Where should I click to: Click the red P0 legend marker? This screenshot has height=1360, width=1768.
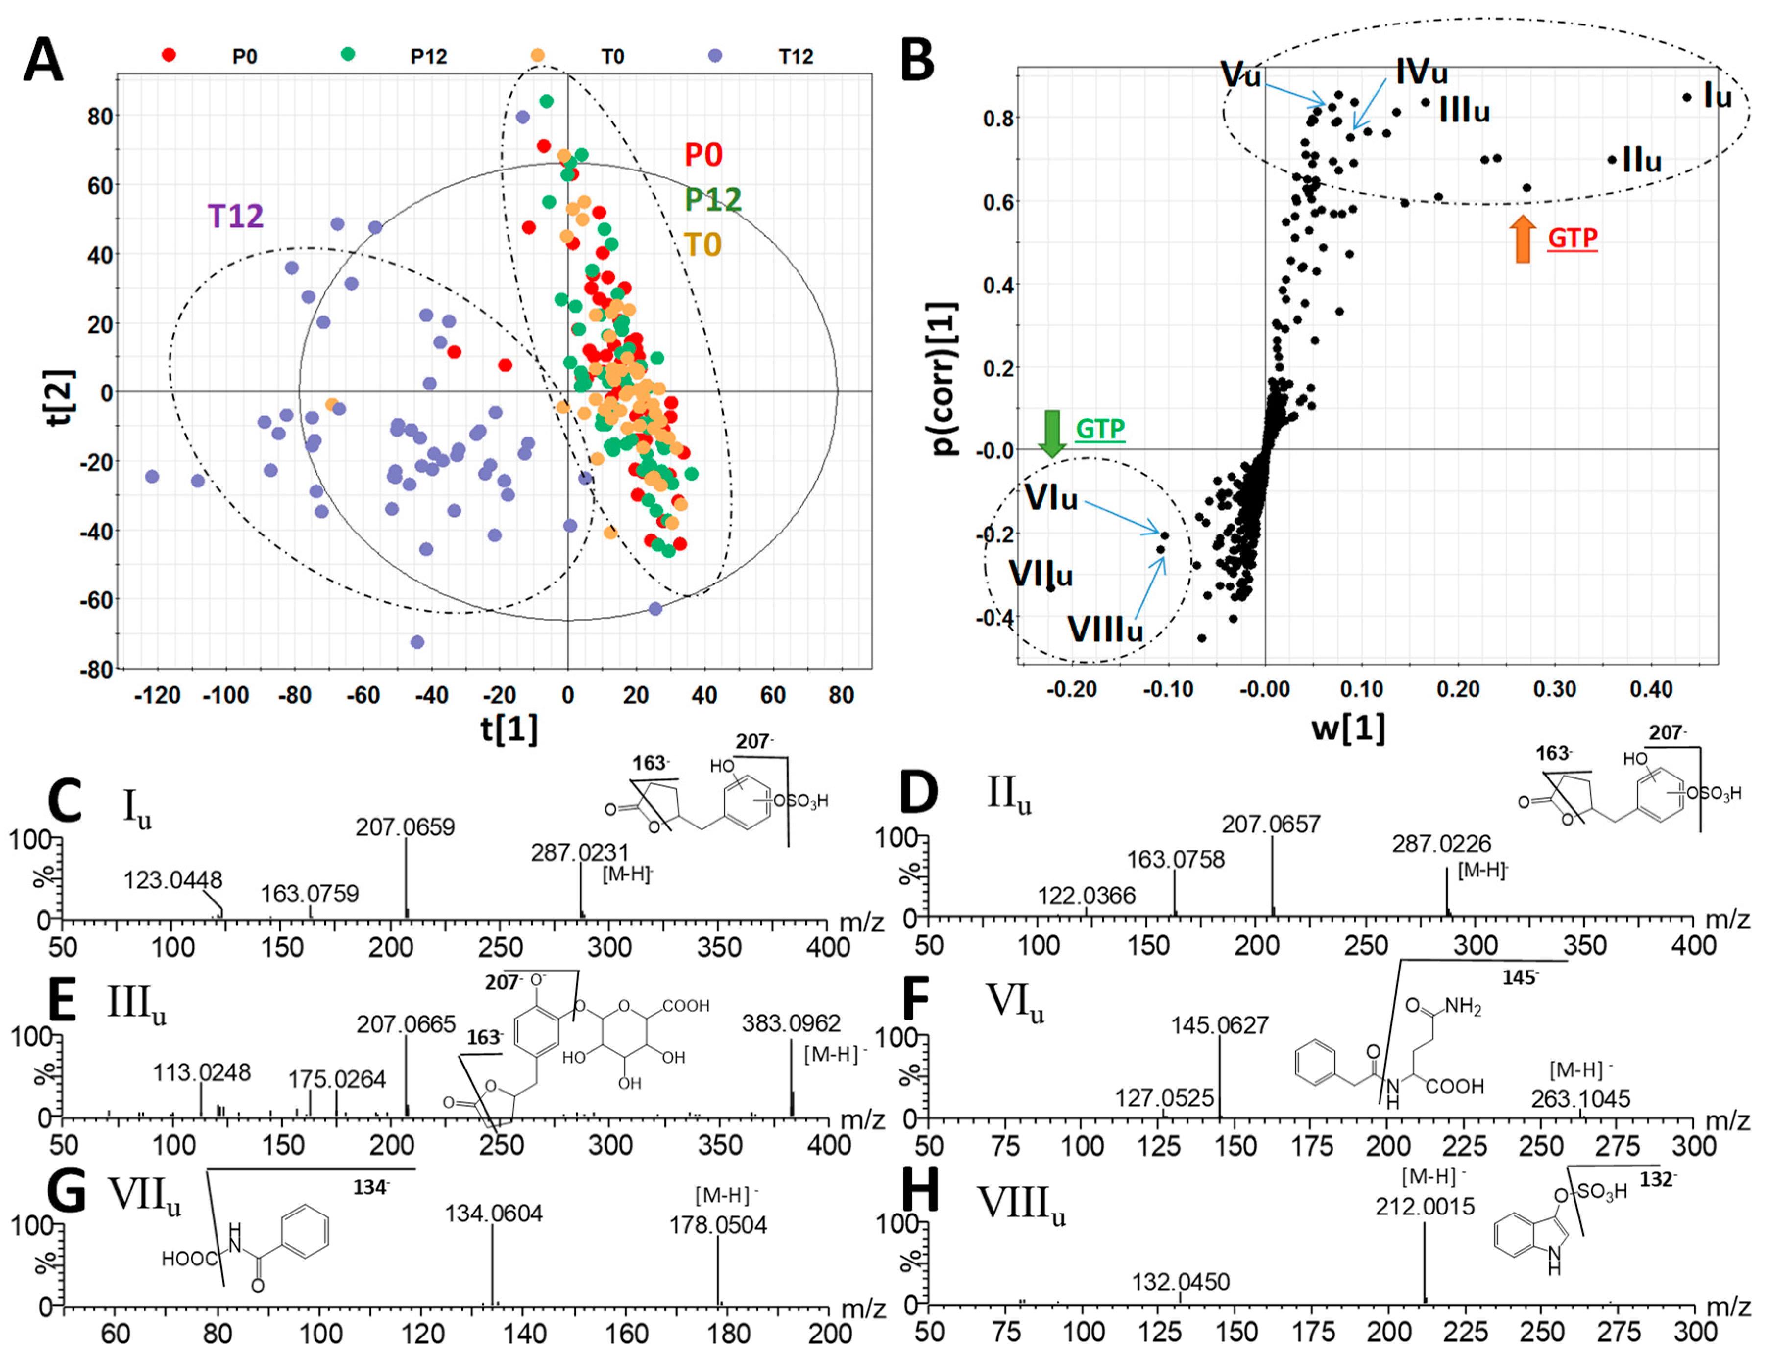(169, 55)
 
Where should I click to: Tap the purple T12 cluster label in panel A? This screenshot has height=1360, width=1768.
(236, 216)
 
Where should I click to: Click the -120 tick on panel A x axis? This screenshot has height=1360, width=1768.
(157, 695)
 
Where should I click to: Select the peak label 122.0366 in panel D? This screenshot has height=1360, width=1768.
(1087, 896)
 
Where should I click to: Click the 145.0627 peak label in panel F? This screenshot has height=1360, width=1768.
(1219, 1026)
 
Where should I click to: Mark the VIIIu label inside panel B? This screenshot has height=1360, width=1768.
(1105, 629)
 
